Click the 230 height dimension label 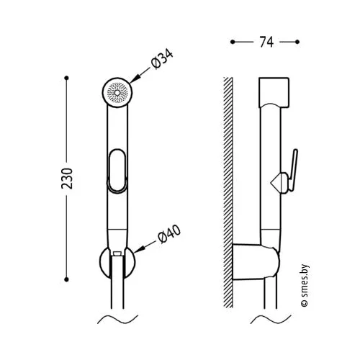click(67, 179)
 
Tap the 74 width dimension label click(266, 42)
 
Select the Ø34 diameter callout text click(162, 59)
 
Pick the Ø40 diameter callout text click(169, 234)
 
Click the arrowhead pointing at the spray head click(135, 78)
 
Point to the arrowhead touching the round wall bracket click(139, 249)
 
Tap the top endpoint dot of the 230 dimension click(67, 78)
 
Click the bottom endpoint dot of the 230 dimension click(67, 279)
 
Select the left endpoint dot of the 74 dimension click(233, 42)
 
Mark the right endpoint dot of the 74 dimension click(297, 42)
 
